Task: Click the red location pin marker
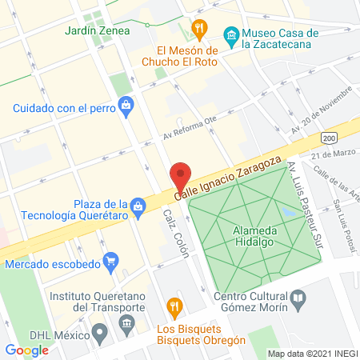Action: click(x=181, y=177)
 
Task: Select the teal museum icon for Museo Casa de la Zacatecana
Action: click(x=231, y=34)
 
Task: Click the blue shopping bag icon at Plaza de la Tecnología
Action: click(x=138, y=206)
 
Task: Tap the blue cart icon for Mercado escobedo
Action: click(x=111, y=260)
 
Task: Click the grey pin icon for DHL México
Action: click(x=99, y=331)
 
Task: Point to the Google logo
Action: click(x=26, y=350)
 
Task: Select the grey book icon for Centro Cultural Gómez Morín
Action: click(x=298, y=299)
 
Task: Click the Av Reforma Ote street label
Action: click(x=189, y=134)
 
